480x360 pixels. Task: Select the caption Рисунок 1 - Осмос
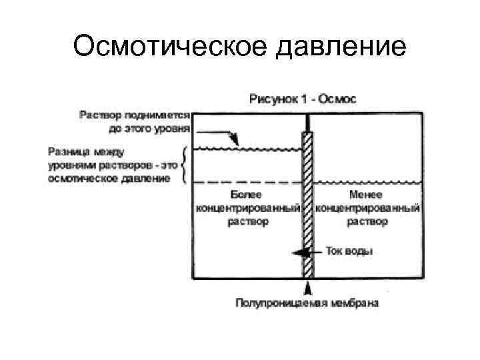[303, 99]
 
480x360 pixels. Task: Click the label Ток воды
[349, 252]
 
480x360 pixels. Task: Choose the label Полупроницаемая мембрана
[307, 303]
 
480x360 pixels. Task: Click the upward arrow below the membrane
[308, 287]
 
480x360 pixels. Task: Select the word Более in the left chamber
[246, 195]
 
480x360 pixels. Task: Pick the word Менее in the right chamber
[366, 195]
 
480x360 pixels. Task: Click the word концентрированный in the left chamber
[246, 208]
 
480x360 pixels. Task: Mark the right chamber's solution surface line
[368, 182]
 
